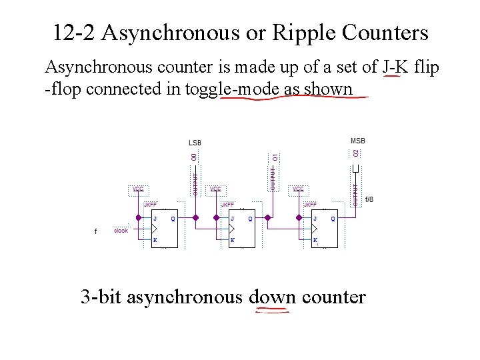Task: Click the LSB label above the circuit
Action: click(195, 142)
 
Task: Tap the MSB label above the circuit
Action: click(358, 141)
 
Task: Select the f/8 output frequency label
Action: click(369, 199)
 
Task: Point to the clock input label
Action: click(121, 231)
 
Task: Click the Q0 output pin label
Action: click(193, 157)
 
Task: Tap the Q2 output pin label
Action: click(356, 153)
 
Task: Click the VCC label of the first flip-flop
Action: click(137, 189)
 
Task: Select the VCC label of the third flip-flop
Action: click(298, 189)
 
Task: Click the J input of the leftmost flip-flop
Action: click(155, 218)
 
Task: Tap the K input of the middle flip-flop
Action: click(232, 240)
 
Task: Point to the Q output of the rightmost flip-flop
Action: click(333, 218)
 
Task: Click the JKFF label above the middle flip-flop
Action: click(228, 204)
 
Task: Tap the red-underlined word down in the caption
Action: click(273, 296)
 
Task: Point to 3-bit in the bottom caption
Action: click(101, 296)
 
